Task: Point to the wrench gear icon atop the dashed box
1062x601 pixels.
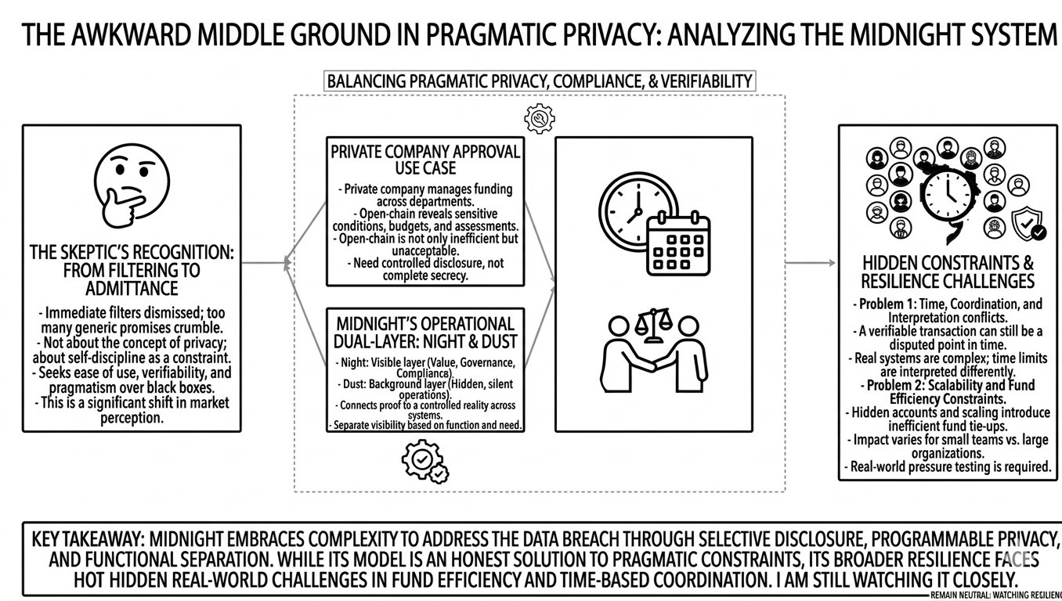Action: (x=539, y=118)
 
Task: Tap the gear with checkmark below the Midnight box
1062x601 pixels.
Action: (x=424, y=462)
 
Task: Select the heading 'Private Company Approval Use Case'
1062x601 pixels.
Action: (x=425, y=160)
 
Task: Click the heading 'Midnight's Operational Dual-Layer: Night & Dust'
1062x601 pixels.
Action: (x=425, y=333)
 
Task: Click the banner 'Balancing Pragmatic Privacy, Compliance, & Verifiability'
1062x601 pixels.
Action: (x=540, y=81)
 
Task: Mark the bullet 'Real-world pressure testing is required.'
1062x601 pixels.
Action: (x=948, y=467)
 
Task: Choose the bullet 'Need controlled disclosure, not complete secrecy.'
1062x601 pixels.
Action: (x=425, y=269)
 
